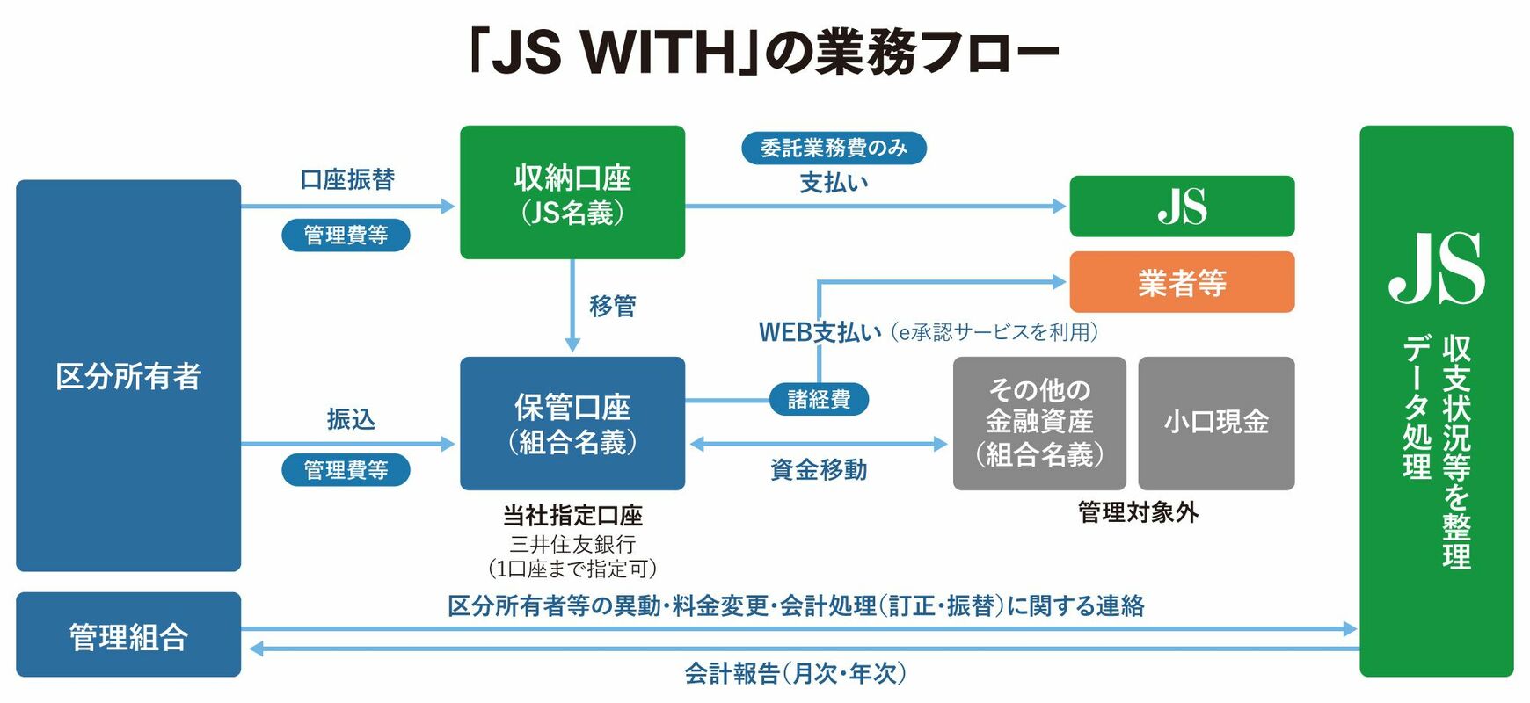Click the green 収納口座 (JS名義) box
[572, 192]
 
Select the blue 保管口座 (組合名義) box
[572, 423]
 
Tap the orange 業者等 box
[1182, 282]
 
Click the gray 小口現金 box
[1216, 423]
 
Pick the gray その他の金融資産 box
[1039, 423]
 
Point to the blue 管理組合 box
[128, 634]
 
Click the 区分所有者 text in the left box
[128, 376]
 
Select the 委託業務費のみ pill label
[834, 148]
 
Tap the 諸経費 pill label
[819, 400]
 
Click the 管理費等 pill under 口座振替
[346, 235]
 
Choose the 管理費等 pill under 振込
[346, 470]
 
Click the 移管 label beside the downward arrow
[612, 306]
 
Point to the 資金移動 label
[819, 470]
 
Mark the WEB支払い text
[820, 332]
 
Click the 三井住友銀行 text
[572, 544]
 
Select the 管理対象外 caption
[1138, 512]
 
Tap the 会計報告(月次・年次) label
[795, 674]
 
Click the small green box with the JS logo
[1182, 207]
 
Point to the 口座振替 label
[347, 179]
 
